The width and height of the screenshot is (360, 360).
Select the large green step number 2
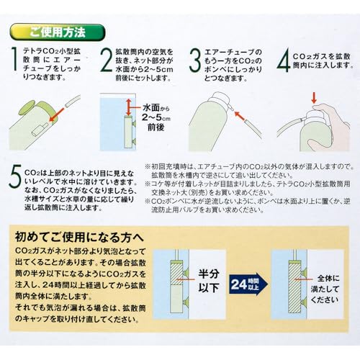click(106, 59)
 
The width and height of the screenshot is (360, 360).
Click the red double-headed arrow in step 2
click(130, 107)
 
